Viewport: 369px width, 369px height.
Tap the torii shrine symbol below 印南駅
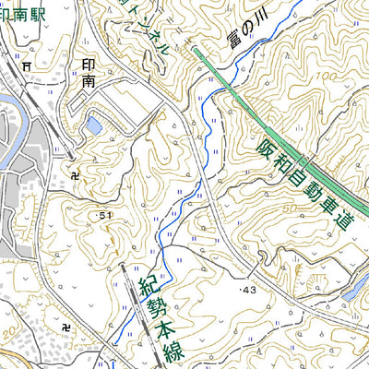click(27, 65)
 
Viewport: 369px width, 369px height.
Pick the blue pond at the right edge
click(357, 289)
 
